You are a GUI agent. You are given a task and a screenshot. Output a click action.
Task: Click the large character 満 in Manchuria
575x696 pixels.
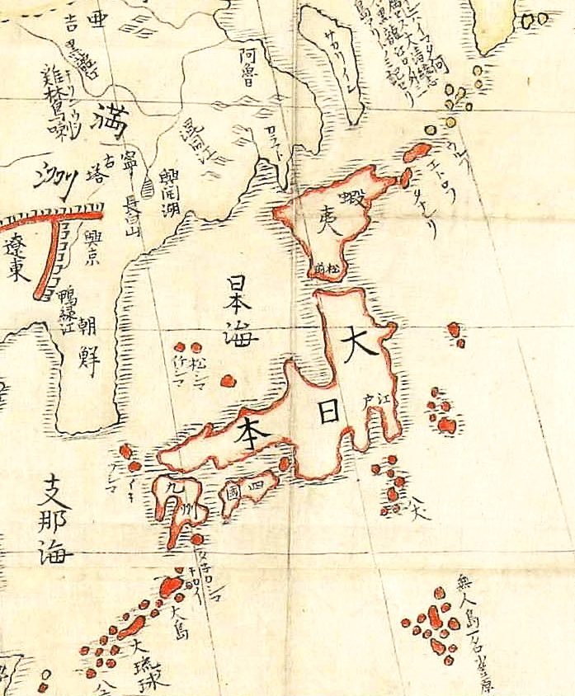(111, 120)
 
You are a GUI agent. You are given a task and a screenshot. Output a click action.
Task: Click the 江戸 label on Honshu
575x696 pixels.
(374, 402)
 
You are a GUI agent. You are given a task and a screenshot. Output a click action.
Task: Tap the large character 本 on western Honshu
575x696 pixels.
(247, 430)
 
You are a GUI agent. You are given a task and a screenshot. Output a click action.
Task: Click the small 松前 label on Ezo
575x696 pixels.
(325, 267)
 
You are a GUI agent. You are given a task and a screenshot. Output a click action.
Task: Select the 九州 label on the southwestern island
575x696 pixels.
(177, 500)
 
